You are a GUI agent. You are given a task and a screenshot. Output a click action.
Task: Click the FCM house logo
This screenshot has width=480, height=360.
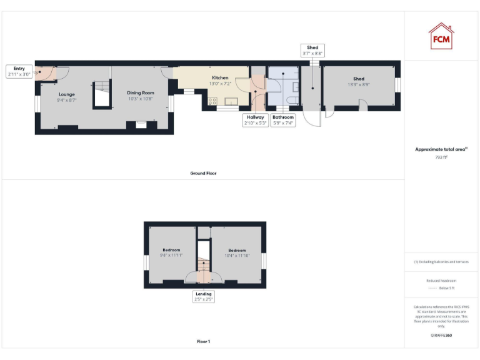(x=441, y=36)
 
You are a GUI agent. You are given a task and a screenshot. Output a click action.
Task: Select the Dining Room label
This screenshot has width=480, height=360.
(x=141, y=96)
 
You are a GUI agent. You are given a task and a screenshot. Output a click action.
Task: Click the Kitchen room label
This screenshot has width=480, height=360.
(x=219, y=80)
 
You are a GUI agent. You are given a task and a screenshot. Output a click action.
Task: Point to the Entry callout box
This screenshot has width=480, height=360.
(x=19, y=71)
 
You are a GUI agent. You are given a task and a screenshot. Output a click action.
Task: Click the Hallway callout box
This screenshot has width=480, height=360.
(x=256, y=120)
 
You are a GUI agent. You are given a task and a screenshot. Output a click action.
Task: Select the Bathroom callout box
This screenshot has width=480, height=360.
(x=282, y=120)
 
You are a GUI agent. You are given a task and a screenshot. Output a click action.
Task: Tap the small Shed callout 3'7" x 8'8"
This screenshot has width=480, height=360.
(x=312, y=51)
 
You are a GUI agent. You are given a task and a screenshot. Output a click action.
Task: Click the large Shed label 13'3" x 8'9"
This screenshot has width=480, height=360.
(x=359, y=82)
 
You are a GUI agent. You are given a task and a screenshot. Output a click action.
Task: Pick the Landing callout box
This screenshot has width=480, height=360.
(x=204, y=296)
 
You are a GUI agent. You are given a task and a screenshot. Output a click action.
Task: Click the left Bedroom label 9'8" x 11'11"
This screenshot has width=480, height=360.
(x=171, y=252)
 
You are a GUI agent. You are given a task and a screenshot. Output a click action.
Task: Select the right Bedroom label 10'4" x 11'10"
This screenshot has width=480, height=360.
(x=236, y=252)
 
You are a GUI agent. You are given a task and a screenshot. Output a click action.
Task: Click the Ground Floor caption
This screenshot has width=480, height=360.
(x=203, y=173)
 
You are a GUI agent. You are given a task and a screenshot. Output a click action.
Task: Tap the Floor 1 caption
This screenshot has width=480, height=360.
(x=203, y=342)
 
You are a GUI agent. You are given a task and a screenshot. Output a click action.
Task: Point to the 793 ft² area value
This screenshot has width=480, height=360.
(x=441, y=157)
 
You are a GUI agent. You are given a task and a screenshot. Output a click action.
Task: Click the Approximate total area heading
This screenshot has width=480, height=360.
(x=441, y=149)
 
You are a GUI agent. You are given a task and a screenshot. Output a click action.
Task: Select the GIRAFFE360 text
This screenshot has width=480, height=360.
(x=441, y=336)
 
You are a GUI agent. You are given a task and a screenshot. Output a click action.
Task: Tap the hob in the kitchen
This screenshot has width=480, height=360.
(x=212, y=101)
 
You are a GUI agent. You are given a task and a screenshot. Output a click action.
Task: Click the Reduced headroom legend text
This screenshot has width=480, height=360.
(x=441, y=281)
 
